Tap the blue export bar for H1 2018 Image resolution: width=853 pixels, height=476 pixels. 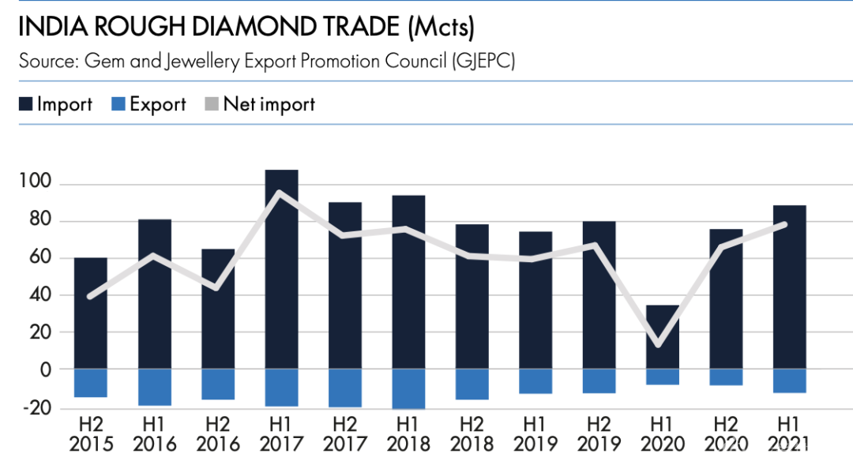click(x=408, y=388)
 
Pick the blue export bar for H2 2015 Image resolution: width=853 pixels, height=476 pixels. click(x=90, y=383)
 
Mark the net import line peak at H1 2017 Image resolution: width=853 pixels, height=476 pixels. click(x=281, y=193)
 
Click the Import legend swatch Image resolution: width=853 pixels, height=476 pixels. click(x=26, y=104)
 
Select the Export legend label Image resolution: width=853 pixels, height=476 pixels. click(x=158, y=104)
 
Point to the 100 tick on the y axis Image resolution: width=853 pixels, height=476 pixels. click(x=36, y=184)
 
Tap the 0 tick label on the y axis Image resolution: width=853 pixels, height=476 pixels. click(x=45, y=369)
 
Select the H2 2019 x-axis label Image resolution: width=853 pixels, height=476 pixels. click(x=599, y=434)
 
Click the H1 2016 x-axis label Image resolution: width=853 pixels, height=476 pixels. click(x=154, y=434)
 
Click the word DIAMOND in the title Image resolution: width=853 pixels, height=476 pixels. click(x=239, y=28)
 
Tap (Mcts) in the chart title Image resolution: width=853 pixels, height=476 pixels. click(x=442, y=28)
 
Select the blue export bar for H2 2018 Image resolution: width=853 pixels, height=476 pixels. click(x=472, y=384)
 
